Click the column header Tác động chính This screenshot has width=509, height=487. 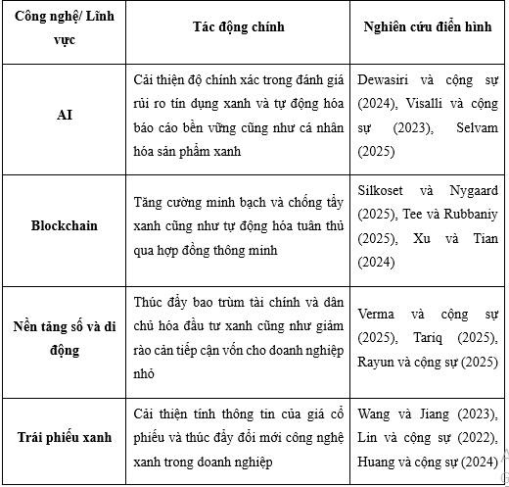tap(238, 26)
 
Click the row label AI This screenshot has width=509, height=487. tap(65, 115)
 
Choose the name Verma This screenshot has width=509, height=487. tap(377, 315)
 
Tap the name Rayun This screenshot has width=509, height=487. tap(378, 362)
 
